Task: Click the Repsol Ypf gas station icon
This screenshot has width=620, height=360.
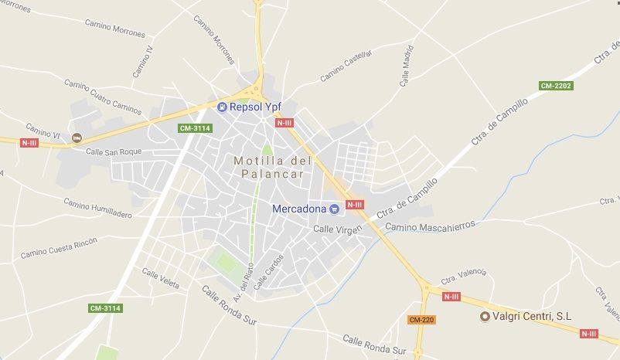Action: pos(222,107)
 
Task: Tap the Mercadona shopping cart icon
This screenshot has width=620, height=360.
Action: pos(334,209)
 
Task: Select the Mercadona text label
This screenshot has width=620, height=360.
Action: pos(299,209)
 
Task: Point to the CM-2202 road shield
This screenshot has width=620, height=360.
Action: pos(556,86)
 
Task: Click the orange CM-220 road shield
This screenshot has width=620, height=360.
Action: pos(421,319)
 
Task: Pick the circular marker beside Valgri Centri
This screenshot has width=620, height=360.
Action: pos(485,316)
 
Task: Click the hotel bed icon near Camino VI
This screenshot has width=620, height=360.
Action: pos(76,138)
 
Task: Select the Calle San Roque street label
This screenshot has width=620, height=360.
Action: pos(114,152)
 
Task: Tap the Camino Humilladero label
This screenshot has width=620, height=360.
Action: pos(97,209)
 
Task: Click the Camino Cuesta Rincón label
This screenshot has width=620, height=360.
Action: pos(60,248)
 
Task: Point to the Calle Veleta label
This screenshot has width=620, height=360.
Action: pos(161,279)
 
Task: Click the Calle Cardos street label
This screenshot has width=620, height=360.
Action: pos(269,272)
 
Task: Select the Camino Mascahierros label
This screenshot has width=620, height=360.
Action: pos(429,226)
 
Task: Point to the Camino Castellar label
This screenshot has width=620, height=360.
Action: pos(346,66)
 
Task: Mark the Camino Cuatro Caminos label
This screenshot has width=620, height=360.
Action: pos(103,97)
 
